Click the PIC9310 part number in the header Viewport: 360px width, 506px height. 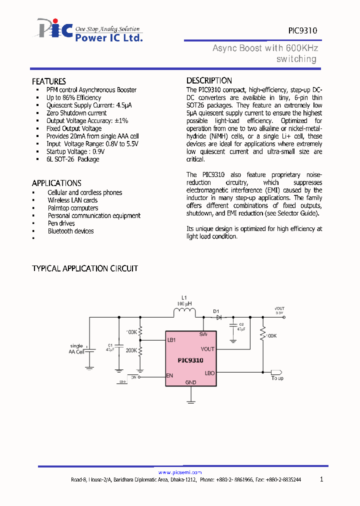pyautogui.click(x=302, y=30)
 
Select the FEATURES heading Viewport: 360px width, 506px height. pyautogui.click(x=49, y=81)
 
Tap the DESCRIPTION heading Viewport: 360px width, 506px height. pyautogui.click(x=209, y=80)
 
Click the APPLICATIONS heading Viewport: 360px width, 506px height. pyautogui.click(x=56, y=183)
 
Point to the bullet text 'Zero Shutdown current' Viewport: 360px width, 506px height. pyautogui.click(x=76, y=113)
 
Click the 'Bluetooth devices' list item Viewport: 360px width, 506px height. pyautogui.click(x=70, y=231)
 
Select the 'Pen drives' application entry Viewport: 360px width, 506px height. pyautogui.click(x=61, y=223)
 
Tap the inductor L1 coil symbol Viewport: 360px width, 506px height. pyautogui.click(x=184, y=313)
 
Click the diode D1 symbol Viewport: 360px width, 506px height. pyautogui.click(x=218, y=317)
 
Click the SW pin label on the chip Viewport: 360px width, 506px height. pyautogui.click(x=203, y=334)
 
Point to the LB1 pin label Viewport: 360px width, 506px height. pyautogui.click(x=171, y=340)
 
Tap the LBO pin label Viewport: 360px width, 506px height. pyautogui.click(x=209, y=373)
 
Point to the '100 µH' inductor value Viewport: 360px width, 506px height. pyautogui.click(x=184, y=303)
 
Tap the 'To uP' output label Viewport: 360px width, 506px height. pyautogui.click(x=277, y=378)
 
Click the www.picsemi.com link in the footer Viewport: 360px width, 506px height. pyautogui.click(x=180, y=472)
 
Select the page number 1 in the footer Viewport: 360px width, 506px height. pyautogui.click(x=321, y=479)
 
